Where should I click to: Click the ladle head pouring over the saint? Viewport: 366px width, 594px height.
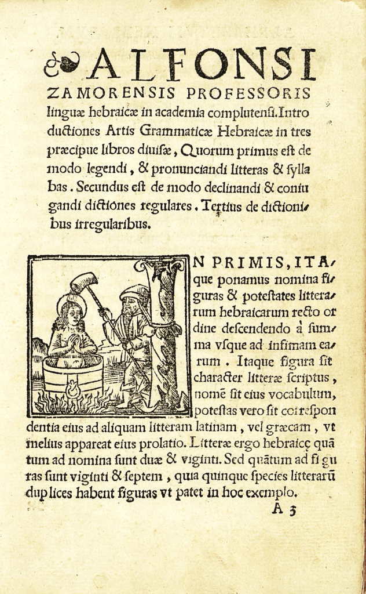click(x=83, y=282)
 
